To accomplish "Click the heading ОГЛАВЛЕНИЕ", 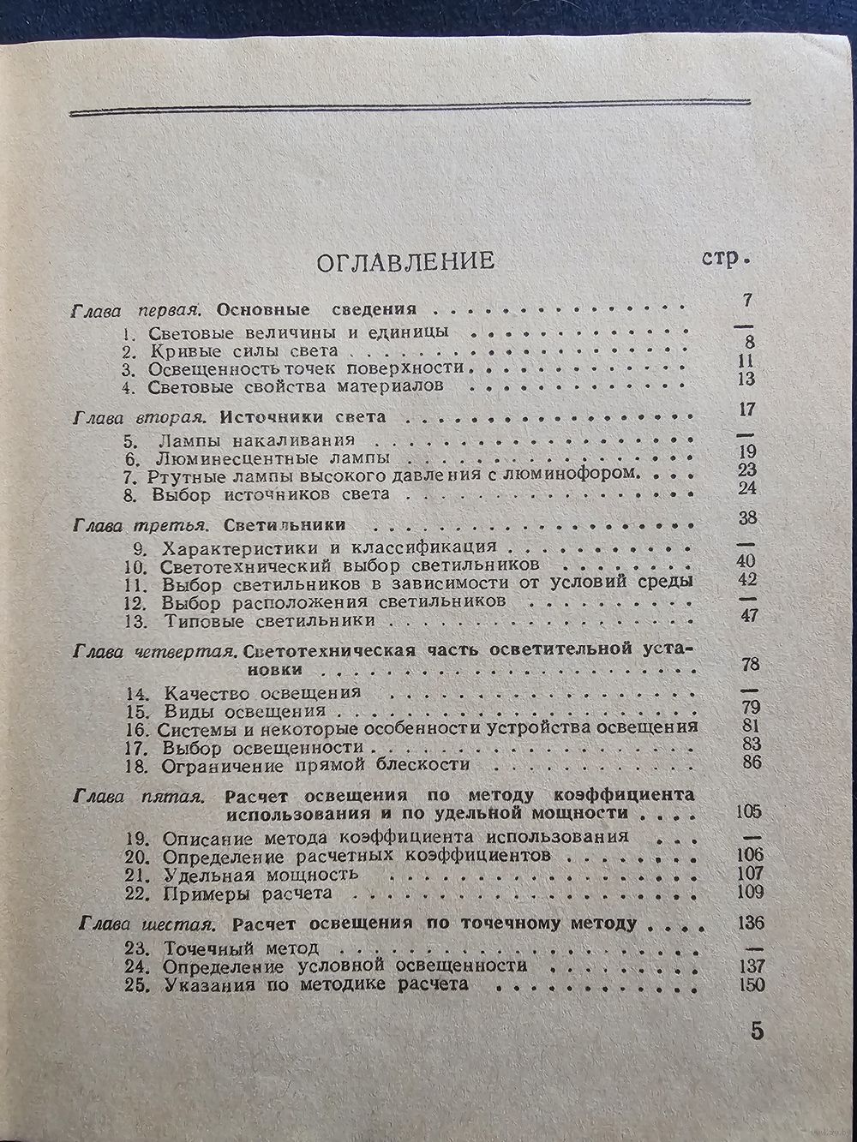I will click(x=405, y=260).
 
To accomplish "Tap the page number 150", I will click(x=751, y=984).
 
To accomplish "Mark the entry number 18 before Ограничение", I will click(x=135, y=763).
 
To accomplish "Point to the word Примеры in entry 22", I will click(x=201, y=894).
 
